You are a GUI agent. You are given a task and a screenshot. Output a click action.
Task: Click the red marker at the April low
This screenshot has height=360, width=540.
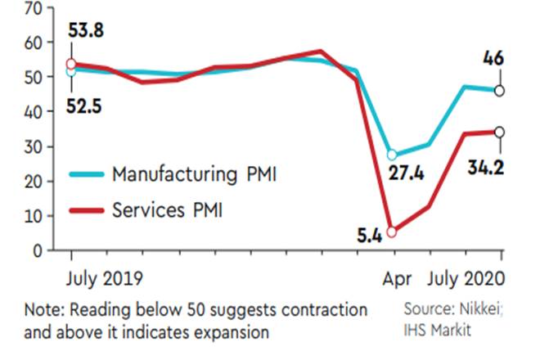[393, 232]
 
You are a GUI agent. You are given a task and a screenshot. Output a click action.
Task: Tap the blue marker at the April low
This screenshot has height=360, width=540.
[392, 155]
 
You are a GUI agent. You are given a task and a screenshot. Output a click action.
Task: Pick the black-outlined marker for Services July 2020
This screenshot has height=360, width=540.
[499, 132]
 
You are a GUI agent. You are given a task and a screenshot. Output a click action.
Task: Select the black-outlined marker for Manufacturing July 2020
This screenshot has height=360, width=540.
[499, 91]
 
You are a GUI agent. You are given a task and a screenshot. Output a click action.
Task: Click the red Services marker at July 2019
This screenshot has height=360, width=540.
[71, 64]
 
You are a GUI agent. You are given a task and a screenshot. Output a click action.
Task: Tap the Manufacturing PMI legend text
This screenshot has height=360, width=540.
[193, 174]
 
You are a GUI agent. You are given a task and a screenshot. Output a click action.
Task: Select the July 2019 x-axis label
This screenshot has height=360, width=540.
[104, 279]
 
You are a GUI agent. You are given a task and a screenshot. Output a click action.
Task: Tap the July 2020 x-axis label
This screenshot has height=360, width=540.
[466, 279]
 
